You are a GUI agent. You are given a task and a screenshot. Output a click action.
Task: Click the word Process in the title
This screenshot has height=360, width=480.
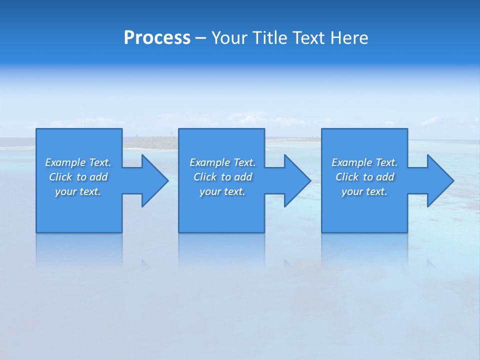pyautogui.click(x=157, y=38)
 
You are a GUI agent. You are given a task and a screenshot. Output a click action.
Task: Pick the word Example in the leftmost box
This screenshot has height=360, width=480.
pyautogui.click(x=65, y=162)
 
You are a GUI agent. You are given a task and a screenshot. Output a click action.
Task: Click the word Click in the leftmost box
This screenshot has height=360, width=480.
pyautogui.click(x=60, y=177)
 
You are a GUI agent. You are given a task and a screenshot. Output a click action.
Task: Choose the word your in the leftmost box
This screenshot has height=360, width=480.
pyautogui.click(x=65, y=191)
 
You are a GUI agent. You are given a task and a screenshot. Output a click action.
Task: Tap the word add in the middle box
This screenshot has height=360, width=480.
pyautogui.click(x=243, y=177)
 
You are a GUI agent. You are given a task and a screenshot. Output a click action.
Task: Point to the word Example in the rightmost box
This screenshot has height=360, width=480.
pyautogui.click(x=352, y=162)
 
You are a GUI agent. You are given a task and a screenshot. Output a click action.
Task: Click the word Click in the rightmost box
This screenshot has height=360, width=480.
pyautogui.click(x=347, y=177)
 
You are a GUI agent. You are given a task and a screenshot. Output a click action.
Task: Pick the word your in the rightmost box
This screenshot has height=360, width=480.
pyautogui.click(x=352, y=191)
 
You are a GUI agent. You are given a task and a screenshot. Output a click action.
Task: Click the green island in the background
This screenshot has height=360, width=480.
pyautogui.click(x=150, y=143)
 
